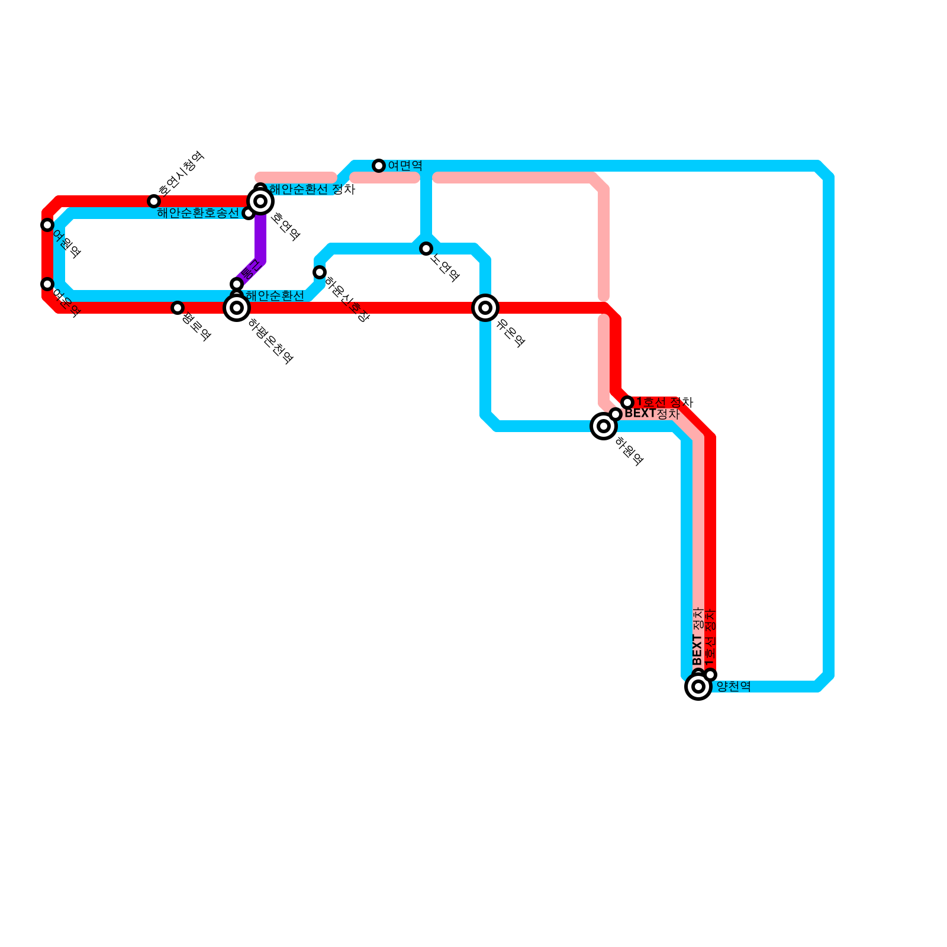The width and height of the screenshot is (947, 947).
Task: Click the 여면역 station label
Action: coord(405,166)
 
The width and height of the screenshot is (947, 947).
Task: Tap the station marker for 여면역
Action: coord(379,166)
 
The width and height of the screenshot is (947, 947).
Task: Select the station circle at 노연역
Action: coord(426,249)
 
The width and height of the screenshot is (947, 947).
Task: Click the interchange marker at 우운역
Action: coord(485,308)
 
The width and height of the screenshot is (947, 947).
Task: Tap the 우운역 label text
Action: coord(510,332)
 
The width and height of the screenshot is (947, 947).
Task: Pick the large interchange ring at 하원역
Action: coord(604,426)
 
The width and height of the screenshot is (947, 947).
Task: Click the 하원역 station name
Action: coord(629,451)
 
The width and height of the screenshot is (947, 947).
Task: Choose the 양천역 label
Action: coord(733,687)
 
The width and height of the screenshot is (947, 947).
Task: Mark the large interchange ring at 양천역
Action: coord(698,687)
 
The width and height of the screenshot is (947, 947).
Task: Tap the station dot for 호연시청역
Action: coord(154,201)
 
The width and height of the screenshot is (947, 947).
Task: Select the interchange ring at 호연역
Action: coord(260,201)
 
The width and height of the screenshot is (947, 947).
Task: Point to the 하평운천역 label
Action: coord(270,341)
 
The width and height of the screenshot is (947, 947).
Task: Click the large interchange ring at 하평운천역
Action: coord(237,308)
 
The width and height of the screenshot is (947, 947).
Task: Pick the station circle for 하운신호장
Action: coord(320,272)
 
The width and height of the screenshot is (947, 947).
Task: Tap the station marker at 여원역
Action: coord(47,225)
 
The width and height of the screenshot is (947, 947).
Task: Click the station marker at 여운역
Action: coord(47,284)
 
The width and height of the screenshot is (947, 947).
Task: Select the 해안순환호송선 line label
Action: coord(198,213)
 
